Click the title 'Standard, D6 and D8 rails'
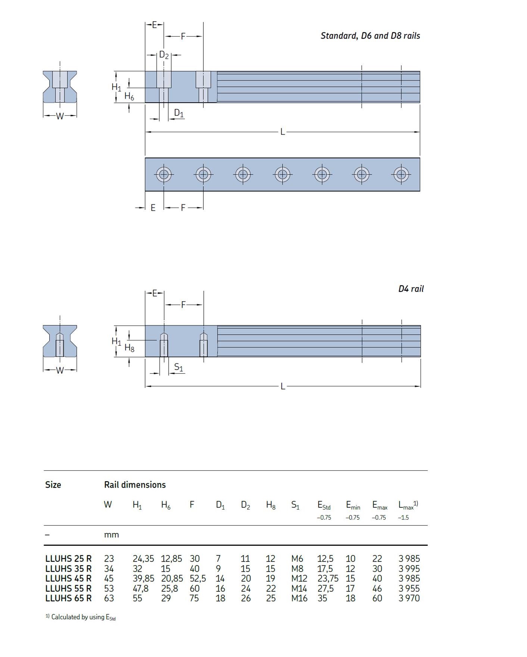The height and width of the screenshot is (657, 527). click(370, 36)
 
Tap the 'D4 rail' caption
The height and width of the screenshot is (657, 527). click(411, 289)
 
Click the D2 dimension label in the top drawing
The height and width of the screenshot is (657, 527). click(164, 55)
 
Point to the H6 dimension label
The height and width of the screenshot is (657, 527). click(129, 96)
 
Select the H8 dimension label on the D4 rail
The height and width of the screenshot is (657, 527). click(129, 348)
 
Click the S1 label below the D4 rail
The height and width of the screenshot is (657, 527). click(179, 367)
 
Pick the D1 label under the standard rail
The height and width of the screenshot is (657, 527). click(179, 113)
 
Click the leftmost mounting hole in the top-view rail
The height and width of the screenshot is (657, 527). click(164, 174)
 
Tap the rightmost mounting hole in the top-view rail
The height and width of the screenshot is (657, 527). click(401, 174)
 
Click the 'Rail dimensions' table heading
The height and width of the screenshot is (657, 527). click(135, 485)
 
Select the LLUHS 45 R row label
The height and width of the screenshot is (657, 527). click(68, 578)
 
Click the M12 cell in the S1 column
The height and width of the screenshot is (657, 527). click(299, 578)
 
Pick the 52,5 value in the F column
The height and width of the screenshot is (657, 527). click(198, 578)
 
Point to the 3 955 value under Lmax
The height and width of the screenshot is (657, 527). click(409, 588)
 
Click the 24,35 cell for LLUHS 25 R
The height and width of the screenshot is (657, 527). click(143, 558)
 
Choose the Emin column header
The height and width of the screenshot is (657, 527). click(353, 505)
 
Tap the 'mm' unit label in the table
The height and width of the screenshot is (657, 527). click(111, 535)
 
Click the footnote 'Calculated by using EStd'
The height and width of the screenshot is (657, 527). click(81, 617)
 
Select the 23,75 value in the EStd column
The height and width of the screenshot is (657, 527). click(328, 578)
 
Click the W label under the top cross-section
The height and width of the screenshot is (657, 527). click(60, 116)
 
